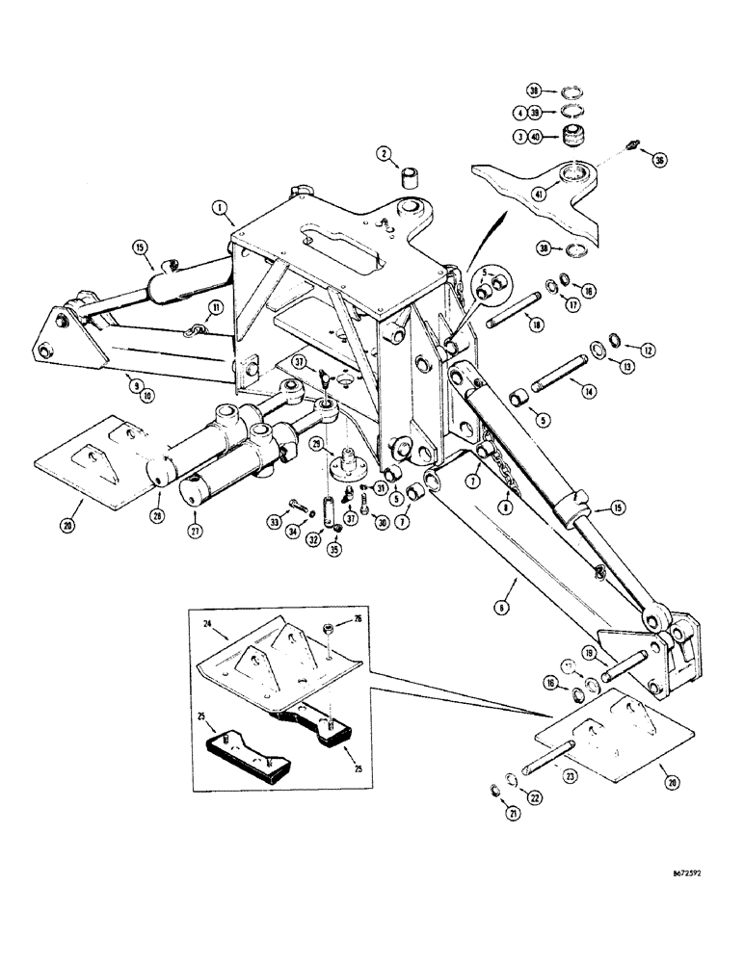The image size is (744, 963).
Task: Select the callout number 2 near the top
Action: [383, 153]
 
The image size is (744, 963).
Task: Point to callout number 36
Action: [658, 159]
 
